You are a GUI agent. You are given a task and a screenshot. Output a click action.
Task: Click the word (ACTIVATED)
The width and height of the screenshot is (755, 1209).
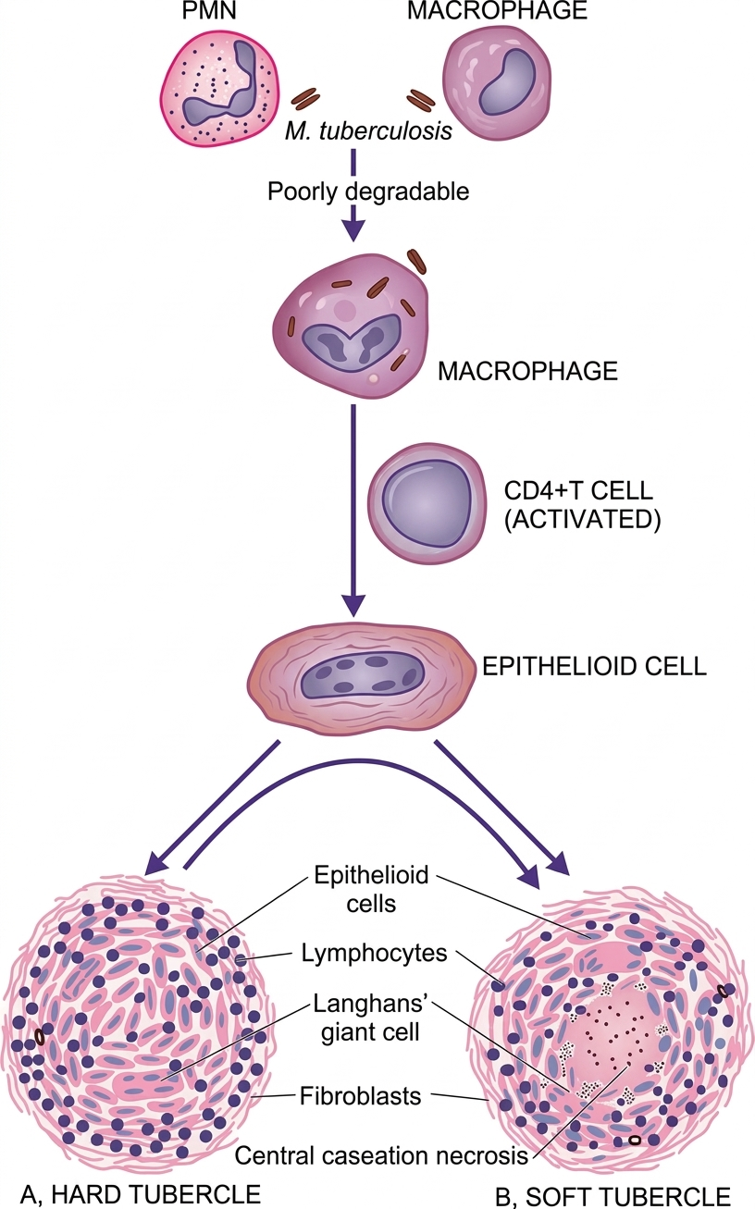(581, 520)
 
